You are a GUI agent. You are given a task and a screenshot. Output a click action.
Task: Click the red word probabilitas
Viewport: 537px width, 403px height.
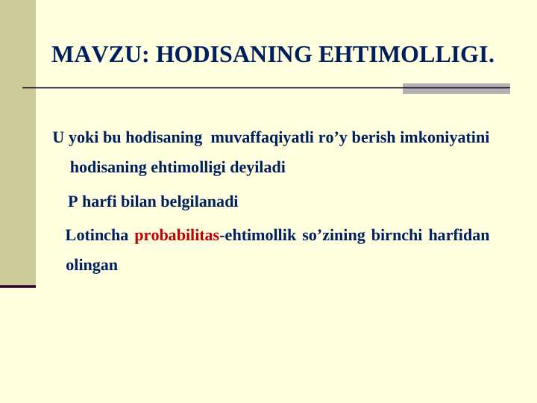[x=177, y=236]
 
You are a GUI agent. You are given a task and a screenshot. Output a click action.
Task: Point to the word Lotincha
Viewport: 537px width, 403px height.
[x=96, y=236]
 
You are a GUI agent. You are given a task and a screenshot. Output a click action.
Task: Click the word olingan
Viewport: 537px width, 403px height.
[x=92, y=265]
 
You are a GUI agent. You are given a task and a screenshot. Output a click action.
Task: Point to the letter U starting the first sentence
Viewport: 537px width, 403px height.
[x=58, y=138]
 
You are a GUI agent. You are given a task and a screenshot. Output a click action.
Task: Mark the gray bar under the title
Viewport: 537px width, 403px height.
[x=456, y=88]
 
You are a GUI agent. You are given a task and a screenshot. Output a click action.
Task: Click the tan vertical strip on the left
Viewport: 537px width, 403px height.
[x=17, y=142]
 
